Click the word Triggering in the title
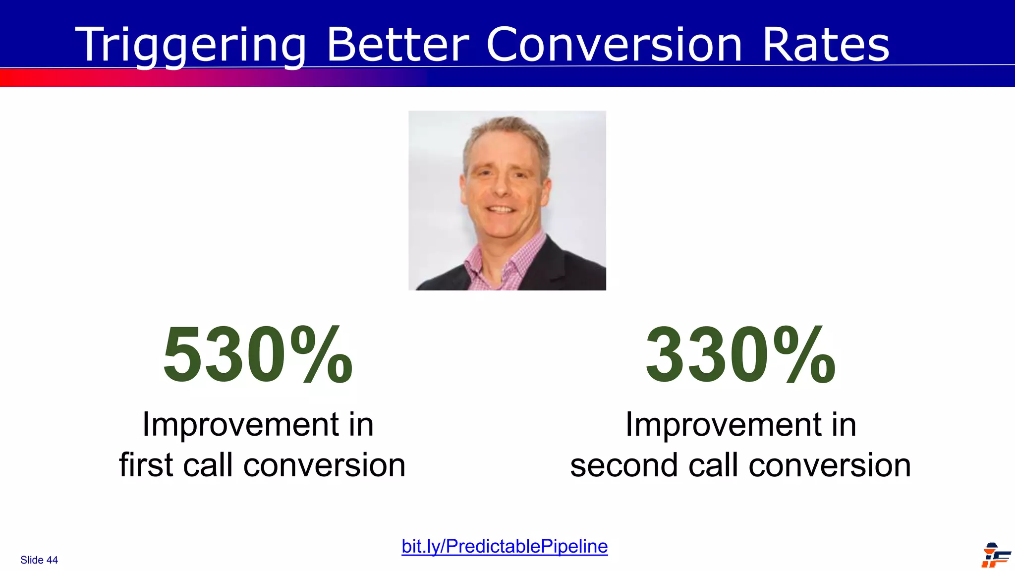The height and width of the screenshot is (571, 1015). [x=191, y=46]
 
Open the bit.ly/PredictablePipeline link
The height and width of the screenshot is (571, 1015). [x=505, y=546]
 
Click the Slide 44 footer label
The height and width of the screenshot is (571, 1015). [x=39, y=560]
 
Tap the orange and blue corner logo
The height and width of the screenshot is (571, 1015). [x=995, y=555]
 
